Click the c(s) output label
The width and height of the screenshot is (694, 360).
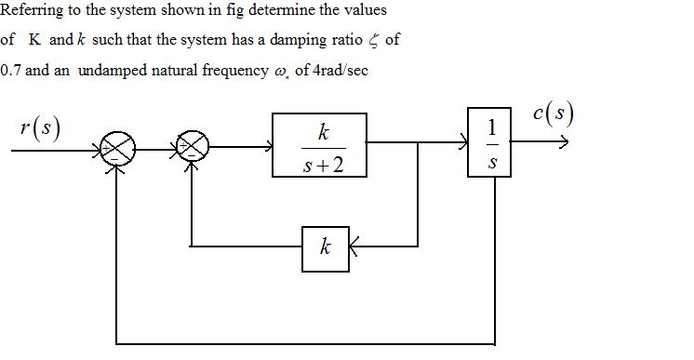[x=554, y=113]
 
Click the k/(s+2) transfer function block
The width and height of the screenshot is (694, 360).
[x=319, y=145]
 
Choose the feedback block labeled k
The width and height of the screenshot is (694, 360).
[x=325, y=247]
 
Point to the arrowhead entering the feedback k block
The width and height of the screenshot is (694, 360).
[x=354, y=247]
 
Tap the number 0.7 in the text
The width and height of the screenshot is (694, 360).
[x=11, y=71]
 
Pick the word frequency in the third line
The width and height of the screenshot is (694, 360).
[x=234, y=71]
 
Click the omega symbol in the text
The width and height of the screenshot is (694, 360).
[x=280, y=73]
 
